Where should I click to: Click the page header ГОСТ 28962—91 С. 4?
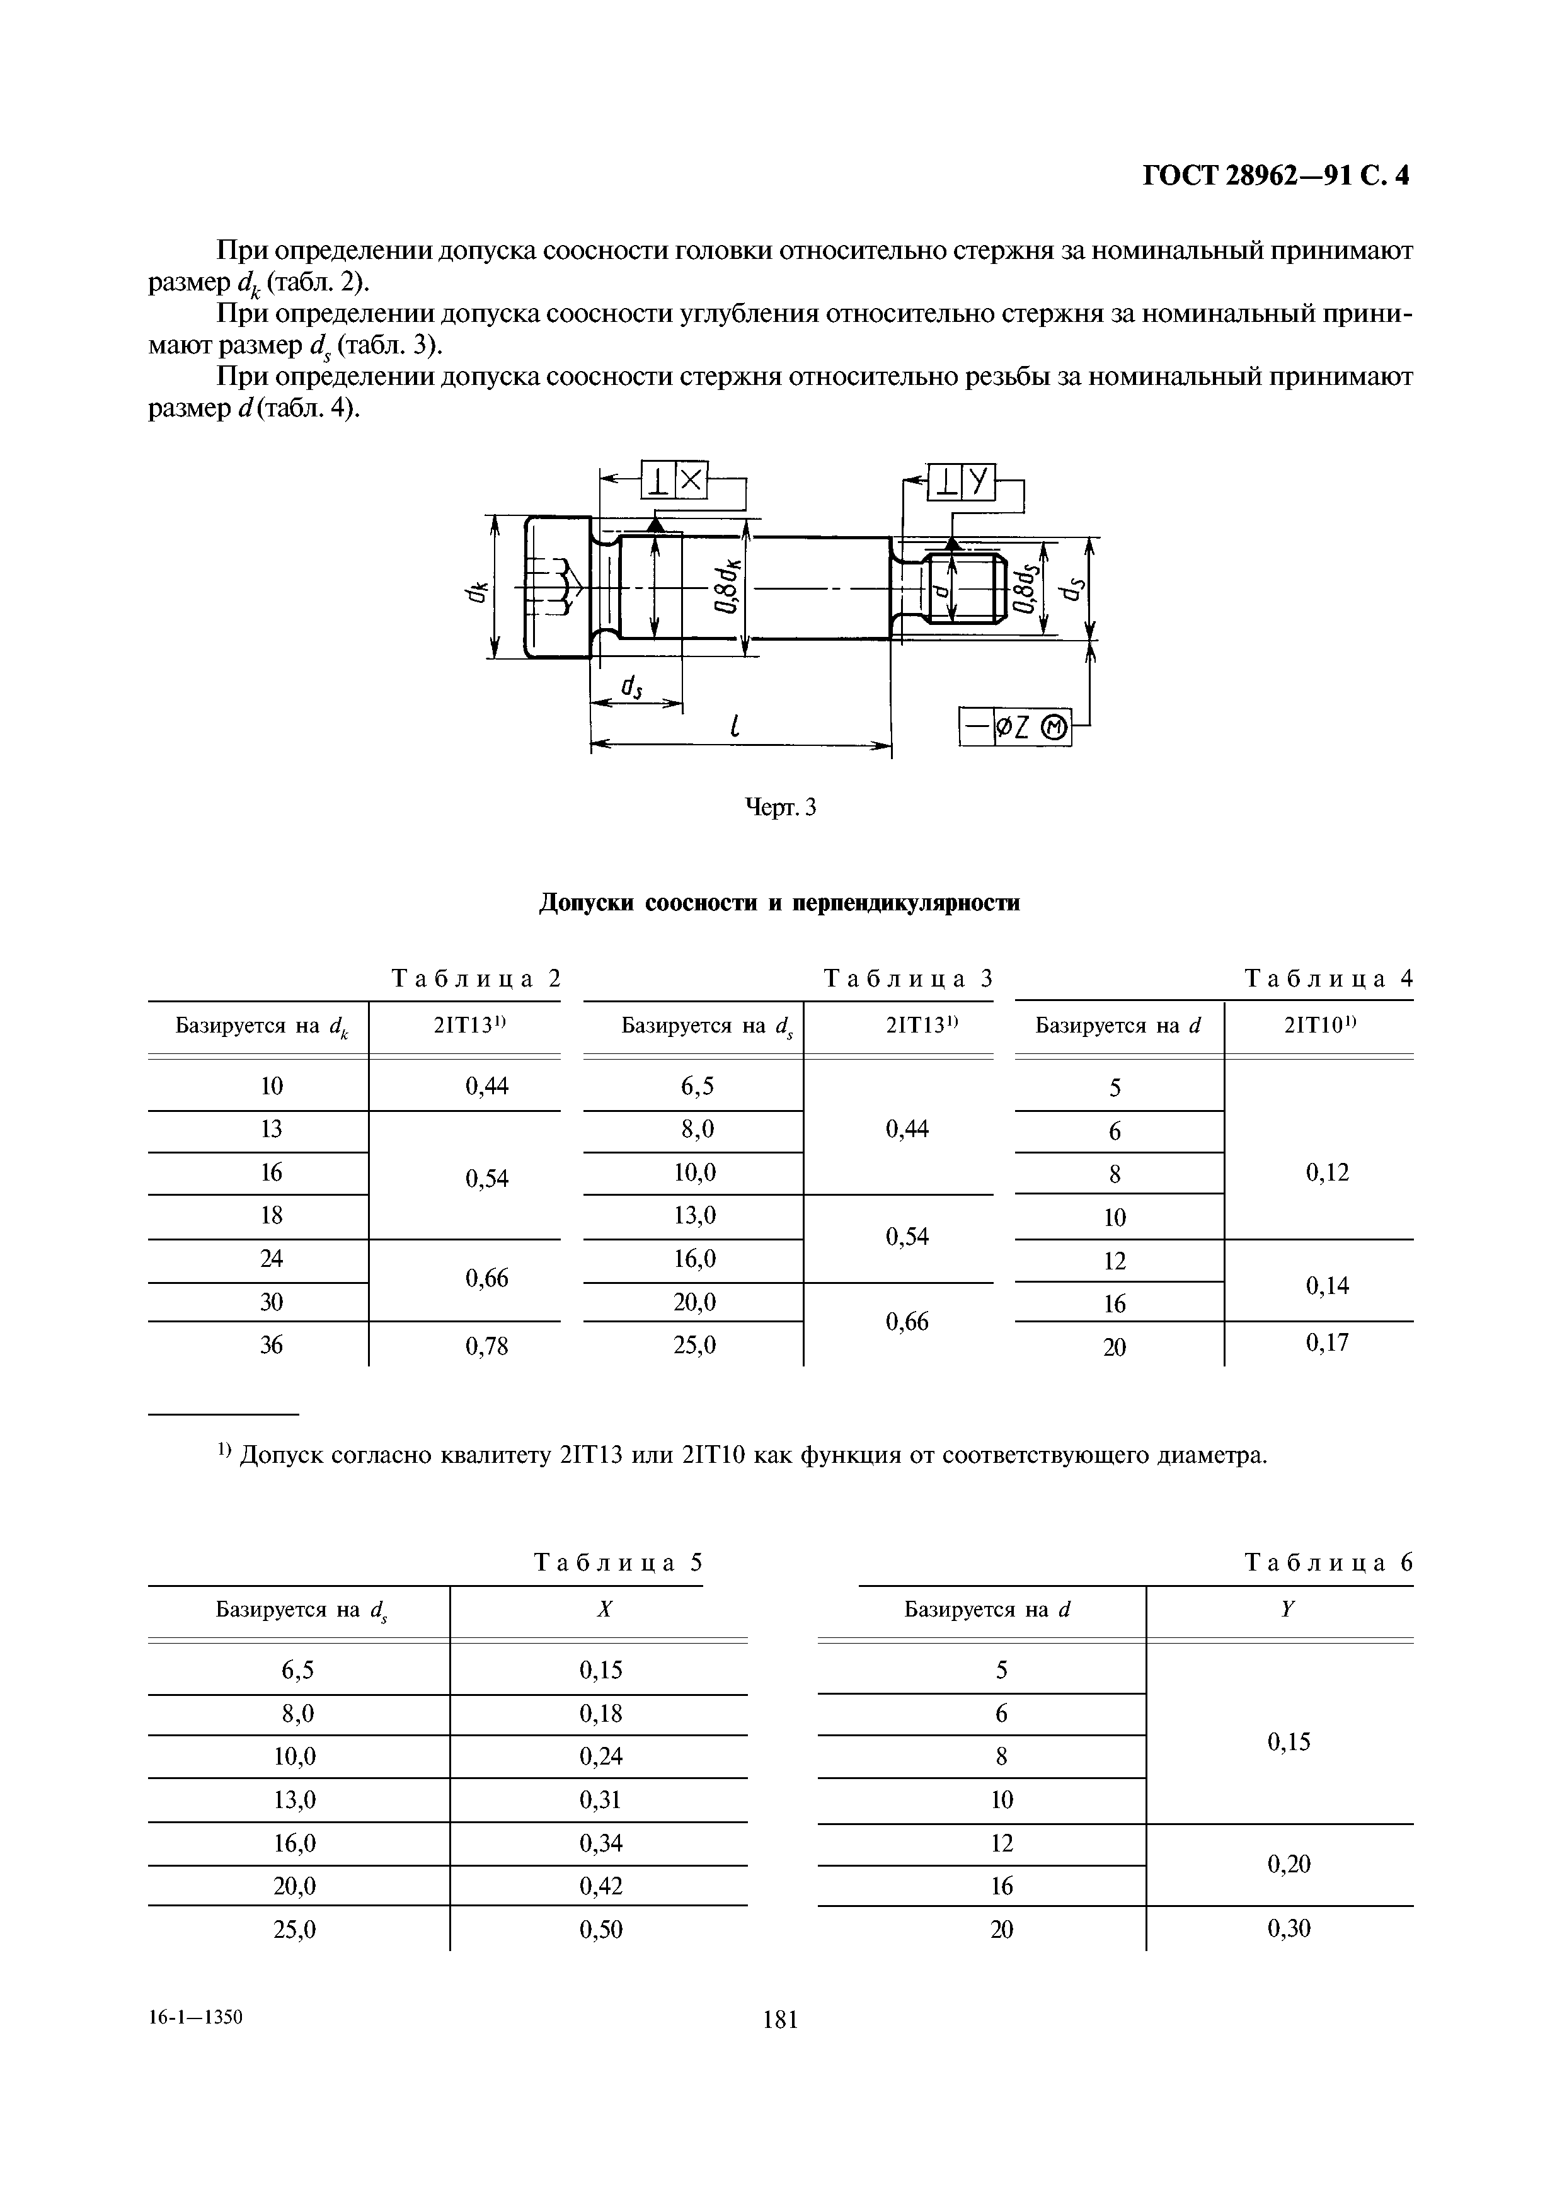[1275, 176]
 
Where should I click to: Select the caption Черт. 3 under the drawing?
[781, 808]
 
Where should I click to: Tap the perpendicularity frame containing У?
[962, 481]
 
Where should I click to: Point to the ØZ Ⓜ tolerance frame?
[1015, 728]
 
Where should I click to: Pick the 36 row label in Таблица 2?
[272, 1344]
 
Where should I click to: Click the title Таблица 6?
[1328, 1562]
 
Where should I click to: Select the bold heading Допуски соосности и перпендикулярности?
[779, 903]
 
